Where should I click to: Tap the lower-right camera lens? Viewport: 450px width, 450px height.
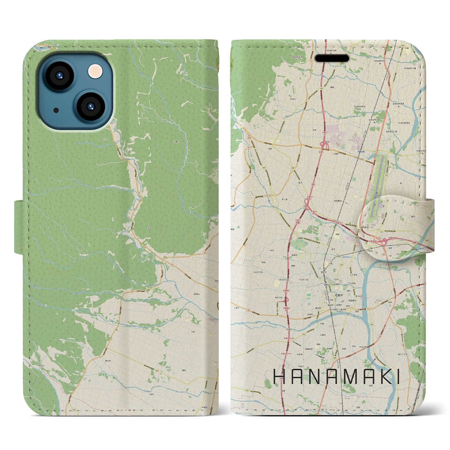(90, 106)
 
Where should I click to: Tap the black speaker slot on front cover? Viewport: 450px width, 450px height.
(332, 58)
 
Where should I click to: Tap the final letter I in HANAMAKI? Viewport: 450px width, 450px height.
(398, 378)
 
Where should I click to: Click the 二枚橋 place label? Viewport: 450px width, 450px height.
(331, 154)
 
